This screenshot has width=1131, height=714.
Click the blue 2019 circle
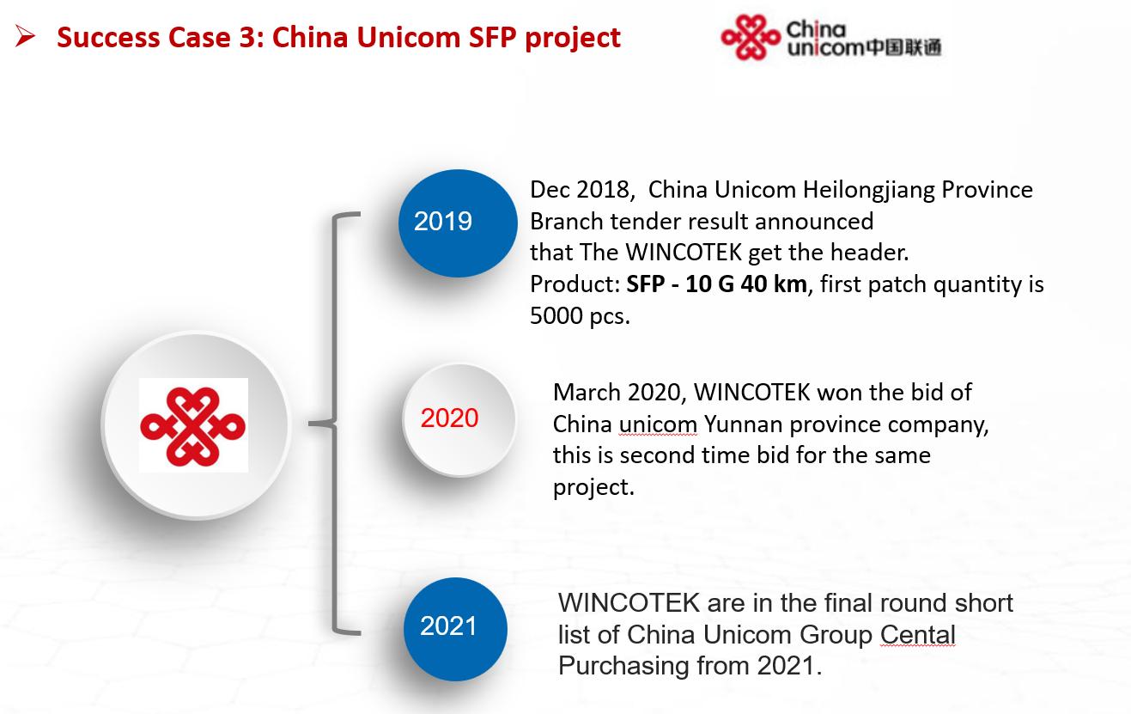point(458,223)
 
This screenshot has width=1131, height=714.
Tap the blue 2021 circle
point(455,627)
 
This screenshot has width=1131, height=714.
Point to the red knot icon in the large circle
point(193,424)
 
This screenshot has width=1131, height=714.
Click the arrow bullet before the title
point(25,37)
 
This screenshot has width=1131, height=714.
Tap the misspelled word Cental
point(918,634)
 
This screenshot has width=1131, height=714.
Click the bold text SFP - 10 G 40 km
point(716,284)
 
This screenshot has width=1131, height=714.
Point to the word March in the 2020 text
point(587,393)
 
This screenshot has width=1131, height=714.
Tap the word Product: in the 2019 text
point(575,284)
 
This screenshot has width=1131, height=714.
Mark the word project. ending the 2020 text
point(593,487)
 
